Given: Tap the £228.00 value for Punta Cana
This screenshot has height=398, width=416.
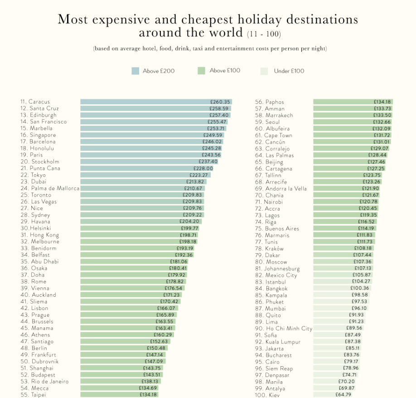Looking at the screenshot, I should pyautogui.click(x=203, y=168).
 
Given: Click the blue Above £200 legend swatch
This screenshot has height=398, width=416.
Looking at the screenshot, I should pyautogui.click(x=135, y=71).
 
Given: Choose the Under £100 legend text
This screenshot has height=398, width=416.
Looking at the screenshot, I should pyautogui.click(x=289, y=71).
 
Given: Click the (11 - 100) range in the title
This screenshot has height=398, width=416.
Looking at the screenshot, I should pyautogui.click(x=264, y=34).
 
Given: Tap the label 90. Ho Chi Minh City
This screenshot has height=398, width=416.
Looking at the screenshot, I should pyautogui.click(x=284, y=328).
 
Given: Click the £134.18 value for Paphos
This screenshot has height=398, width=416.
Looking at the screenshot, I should pyautogui.click(x=382, y=102).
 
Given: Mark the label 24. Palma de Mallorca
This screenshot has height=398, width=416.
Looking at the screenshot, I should pyautogui.click(x=49, y=188).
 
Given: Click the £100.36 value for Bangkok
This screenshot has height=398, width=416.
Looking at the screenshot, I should pyautogui.click(x=360, y=288).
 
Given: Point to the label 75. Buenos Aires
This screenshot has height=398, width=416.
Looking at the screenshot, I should pyautogui.click(x=277, y=228).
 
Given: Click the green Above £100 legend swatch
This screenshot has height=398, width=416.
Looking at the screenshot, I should pyautogui.click(x=202, y=71).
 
